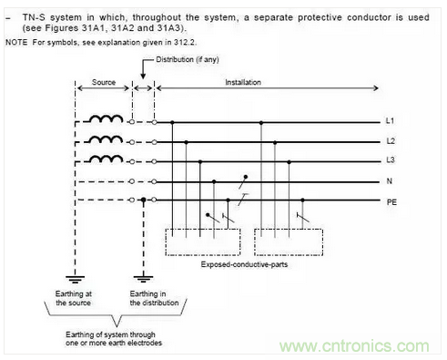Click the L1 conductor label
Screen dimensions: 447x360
(390, 121)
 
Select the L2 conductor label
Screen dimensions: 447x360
(391, 141)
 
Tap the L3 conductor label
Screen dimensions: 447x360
(391, 159)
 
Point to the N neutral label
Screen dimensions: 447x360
(390, 181)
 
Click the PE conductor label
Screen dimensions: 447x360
(391, 202)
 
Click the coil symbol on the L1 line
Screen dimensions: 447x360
(106, 118)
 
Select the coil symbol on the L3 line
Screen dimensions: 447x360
(106, 159)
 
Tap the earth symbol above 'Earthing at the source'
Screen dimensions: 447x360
(76, 279)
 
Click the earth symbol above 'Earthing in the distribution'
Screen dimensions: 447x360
(144, 279)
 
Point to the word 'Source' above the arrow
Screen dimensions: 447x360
(104, 82)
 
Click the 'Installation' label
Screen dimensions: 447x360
(243, 82)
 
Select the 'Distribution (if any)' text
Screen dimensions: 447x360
(188, 59)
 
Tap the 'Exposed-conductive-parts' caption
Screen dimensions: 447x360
(244, 264)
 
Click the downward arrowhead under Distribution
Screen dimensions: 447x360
(143, 77)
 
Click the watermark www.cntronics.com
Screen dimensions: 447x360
(354, 346)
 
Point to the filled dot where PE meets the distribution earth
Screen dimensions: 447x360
(144, 200)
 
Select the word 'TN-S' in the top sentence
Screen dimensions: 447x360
(34, 17)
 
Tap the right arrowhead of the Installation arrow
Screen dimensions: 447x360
(376, 88)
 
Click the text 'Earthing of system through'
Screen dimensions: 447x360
(110, 334)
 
